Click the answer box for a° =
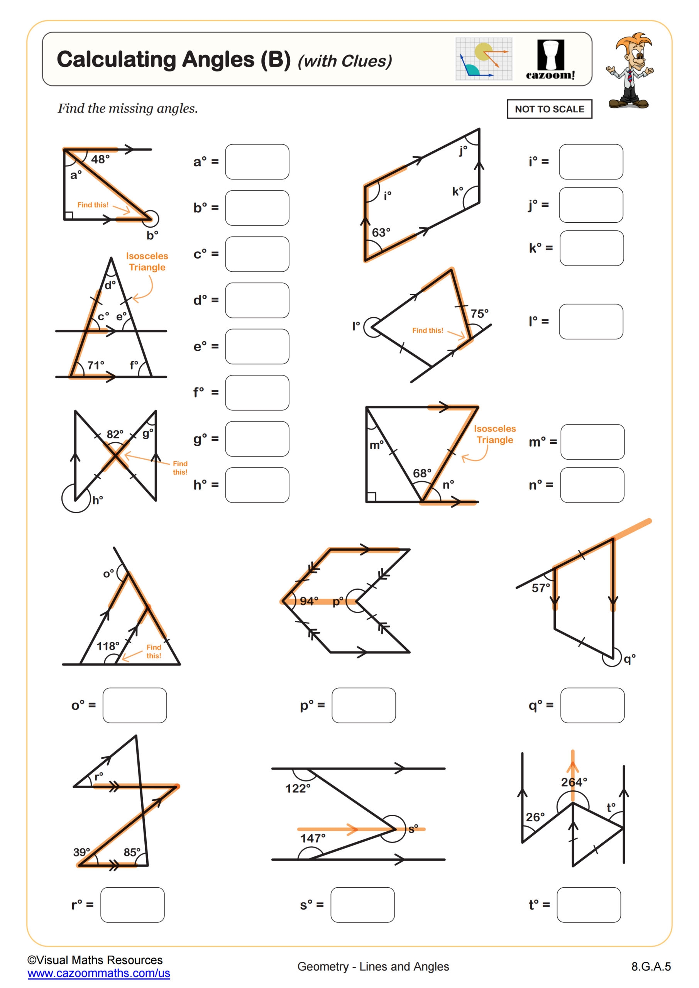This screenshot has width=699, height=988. (257, 162)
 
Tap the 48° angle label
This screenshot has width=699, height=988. (100, 159)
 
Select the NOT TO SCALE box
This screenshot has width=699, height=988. (549, 109)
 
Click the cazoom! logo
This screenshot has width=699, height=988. (550, 60)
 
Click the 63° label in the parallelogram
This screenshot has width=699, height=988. (381, 232)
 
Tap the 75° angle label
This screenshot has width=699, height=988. (479, 314)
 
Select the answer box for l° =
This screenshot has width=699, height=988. (591, 321)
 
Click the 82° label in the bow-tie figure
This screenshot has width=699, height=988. (115, 434)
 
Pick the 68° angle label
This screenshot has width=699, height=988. (422, 473)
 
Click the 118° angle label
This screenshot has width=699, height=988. (108, 646)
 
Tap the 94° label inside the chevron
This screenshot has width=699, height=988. (309, 601)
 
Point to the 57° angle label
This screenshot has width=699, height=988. (541, 588)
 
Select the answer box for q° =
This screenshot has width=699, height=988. (592, 705)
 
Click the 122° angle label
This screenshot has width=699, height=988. (298, 788)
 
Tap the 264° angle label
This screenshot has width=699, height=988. (574, 782)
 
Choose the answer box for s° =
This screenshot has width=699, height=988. (362, 905)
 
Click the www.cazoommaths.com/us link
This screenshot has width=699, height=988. (98, 973)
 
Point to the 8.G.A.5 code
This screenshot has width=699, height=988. (651, 966)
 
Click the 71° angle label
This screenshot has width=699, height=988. (96, 365)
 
